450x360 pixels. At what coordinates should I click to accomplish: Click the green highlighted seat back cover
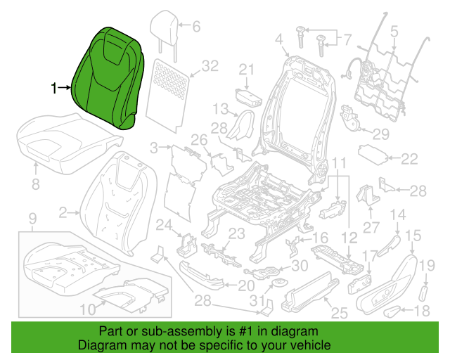click(x=108, y=79)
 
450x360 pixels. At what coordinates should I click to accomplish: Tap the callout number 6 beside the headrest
click(x=196, y=27)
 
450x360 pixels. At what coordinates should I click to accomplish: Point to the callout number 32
click(x=210, y=65)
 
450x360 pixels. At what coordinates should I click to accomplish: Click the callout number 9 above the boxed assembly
click(x=33, y=219)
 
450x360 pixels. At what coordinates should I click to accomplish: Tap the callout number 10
click(x=88, y=310)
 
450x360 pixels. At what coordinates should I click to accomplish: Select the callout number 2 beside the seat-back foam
click(x=63, y=213)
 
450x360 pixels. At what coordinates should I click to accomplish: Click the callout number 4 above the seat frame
click(x=279, y=39)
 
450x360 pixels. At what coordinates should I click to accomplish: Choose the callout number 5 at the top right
click(x=394, y=31)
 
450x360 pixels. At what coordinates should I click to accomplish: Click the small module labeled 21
click(x=248, y=97)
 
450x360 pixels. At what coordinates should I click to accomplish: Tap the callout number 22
click(x=409, y=159)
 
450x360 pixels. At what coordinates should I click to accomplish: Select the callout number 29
click(x=381, y=134)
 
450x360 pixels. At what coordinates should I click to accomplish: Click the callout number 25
click(x=339, y=313)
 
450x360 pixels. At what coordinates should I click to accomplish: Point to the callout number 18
click(x=422, y=310)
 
